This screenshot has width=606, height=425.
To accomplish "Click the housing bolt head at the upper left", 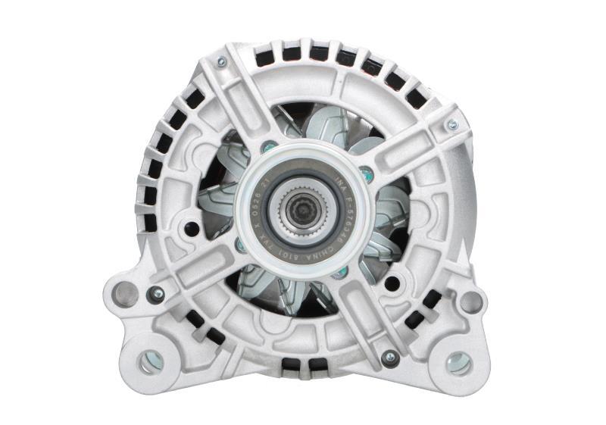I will (220, 62).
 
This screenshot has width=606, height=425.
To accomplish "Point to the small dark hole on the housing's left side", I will (192, 228).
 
